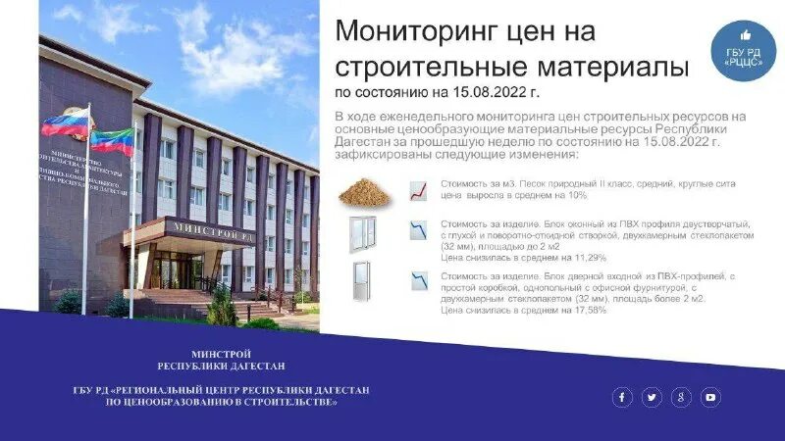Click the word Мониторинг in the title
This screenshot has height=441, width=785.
coord(415,31)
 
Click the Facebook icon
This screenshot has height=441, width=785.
coord(622,397)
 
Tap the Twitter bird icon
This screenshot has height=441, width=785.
coord(652,397)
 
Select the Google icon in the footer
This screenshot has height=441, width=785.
coord(681,397)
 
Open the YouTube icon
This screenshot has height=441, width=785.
coord(710,397)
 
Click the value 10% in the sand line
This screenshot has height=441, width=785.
coord(576,195)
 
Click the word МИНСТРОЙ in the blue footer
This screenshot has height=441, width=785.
coord(221,354)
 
